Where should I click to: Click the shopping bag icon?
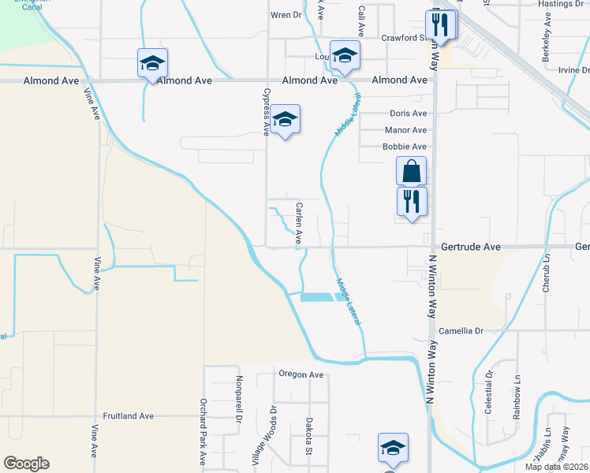click(411, 171)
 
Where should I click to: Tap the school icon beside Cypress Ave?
click(286, 120)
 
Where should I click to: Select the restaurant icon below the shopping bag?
click(411, 201)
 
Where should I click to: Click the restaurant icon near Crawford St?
click(440, 24)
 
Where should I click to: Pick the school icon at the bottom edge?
click(393, 448)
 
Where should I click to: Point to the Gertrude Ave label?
click(471, 247)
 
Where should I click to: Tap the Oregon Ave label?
click(301, 374)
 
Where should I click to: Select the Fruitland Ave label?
click(129, 415)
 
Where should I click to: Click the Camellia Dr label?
click(461, 331)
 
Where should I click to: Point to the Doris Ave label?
click(408, 114)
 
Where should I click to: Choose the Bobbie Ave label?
click(404, 147)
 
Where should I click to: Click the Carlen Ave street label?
click(299, 222)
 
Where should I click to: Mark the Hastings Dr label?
click(559, 4)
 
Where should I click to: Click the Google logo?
click(26, 464)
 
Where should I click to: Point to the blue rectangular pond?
click(317, 297)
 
